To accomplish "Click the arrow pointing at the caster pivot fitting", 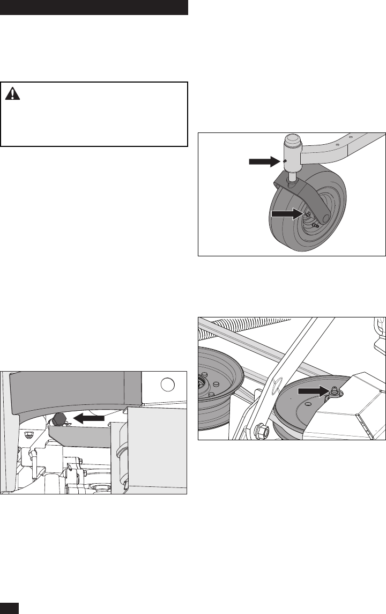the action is (265, 161).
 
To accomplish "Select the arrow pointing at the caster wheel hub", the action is (287, 213).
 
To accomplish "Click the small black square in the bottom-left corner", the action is (10, 608).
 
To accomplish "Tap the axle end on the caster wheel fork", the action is (325, 219).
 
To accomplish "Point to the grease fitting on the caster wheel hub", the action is (308, 214).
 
